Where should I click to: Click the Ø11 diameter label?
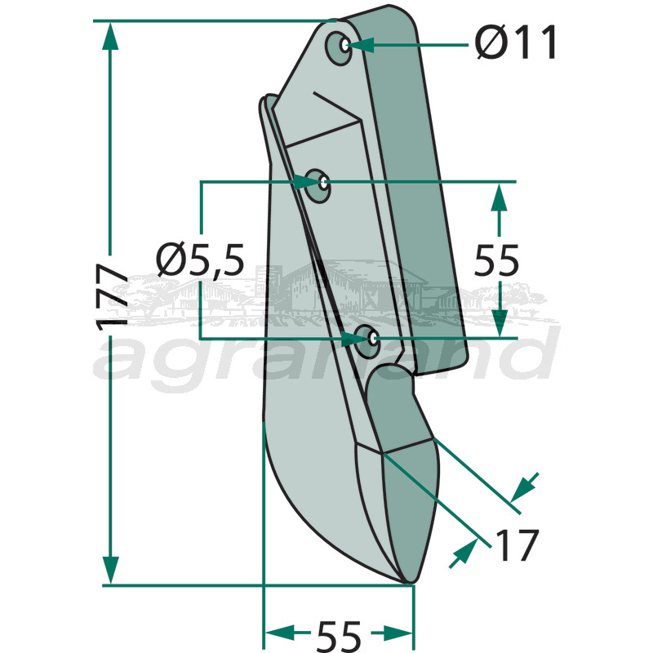(517, 42)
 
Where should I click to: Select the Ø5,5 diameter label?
(200, 260)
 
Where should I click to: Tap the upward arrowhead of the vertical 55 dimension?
(498, 197)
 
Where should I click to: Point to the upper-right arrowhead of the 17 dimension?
(525, 486)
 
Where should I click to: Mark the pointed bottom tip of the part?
(411, 582)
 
